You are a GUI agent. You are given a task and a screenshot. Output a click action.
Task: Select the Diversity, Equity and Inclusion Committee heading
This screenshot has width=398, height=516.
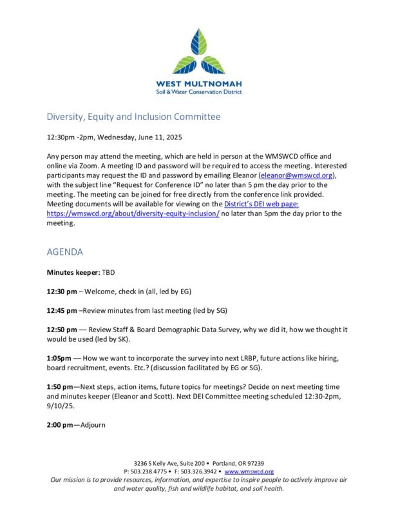(x=133, y=117)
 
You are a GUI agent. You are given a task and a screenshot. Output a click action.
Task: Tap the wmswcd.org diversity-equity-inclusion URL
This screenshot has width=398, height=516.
(x=133, y=213)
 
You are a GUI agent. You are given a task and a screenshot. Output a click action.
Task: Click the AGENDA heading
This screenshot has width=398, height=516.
(x=64, y=252)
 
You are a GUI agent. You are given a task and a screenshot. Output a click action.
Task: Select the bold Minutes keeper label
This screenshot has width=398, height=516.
(x=73, y=273)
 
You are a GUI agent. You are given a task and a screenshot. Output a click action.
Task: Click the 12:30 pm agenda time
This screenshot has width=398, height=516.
(x=62, y=292)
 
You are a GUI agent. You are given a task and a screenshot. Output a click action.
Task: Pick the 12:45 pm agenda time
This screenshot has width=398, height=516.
(x=62, y=310)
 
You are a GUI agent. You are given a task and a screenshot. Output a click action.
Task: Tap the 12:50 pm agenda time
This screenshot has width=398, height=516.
(x=62, y=329)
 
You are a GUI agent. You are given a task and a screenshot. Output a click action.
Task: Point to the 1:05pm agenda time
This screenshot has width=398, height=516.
(x=60, y=358)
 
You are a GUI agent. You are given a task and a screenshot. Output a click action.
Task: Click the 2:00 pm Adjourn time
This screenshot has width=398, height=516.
(x=60, y=425)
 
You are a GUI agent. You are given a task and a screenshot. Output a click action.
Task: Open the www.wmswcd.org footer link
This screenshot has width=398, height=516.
(x=249, y=471)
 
